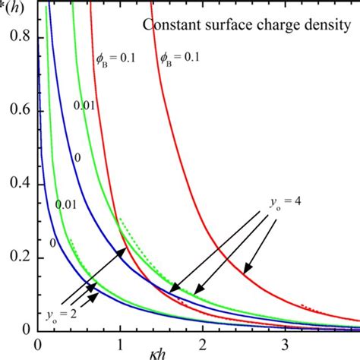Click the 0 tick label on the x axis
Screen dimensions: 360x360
tap(38, 344)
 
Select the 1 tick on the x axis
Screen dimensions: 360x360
tap(120, 344)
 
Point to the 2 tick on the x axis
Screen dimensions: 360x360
tap(202, 344)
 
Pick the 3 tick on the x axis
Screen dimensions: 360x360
tap(284, 344)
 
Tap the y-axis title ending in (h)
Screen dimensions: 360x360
tap(15, 8)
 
